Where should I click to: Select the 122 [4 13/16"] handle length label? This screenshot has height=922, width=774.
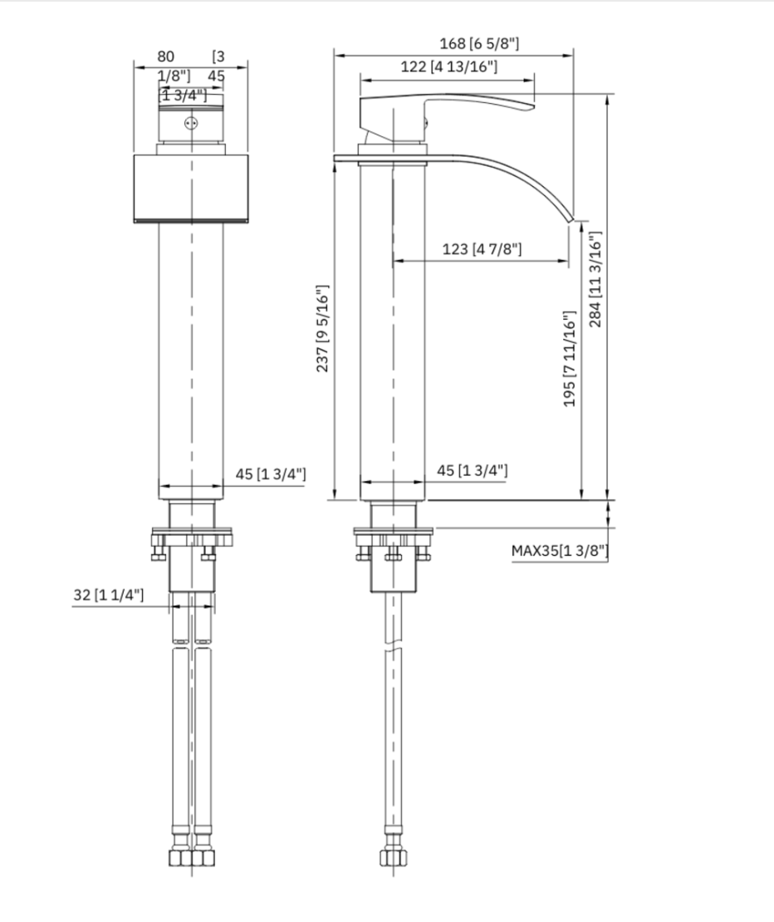click(x=448, y=68)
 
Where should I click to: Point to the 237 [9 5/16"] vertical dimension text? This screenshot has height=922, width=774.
click(x=325, y=328)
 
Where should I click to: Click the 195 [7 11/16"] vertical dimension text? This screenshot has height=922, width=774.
click(x=570, y=359)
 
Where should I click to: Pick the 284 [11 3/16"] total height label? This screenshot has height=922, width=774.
click(x=595, y=278)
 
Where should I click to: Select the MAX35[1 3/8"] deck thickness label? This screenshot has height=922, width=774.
click(x=560, y=550)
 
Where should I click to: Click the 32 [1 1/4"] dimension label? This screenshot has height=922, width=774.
click(x=108, y=595)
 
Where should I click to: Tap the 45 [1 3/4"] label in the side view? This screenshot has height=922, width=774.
click(x=473, y=471)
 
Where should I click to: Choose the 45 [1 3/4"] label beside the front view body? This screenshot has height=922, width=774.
click(x=271, y=474)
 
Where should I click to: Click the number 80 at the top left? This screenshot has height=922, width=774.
click(x=166, y=56)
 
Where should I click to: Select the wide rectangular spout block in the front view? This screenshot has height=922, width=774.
click(x=191, y=188)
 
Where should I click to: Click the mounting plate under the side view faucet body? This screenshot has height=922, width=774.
click(x=393, y=535)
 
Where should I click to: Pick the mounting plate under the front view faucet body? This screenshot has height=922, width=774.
click(x=192, y=537)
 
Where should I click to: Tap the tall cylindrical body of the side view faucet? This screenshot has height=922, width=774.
click(x=393, y=332)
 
